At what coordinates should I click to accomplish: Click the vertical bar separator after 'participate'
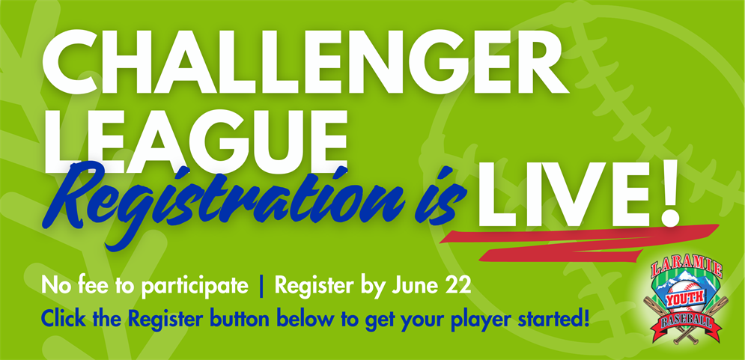261,287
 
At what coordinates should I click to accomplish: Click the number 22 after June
458,287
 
